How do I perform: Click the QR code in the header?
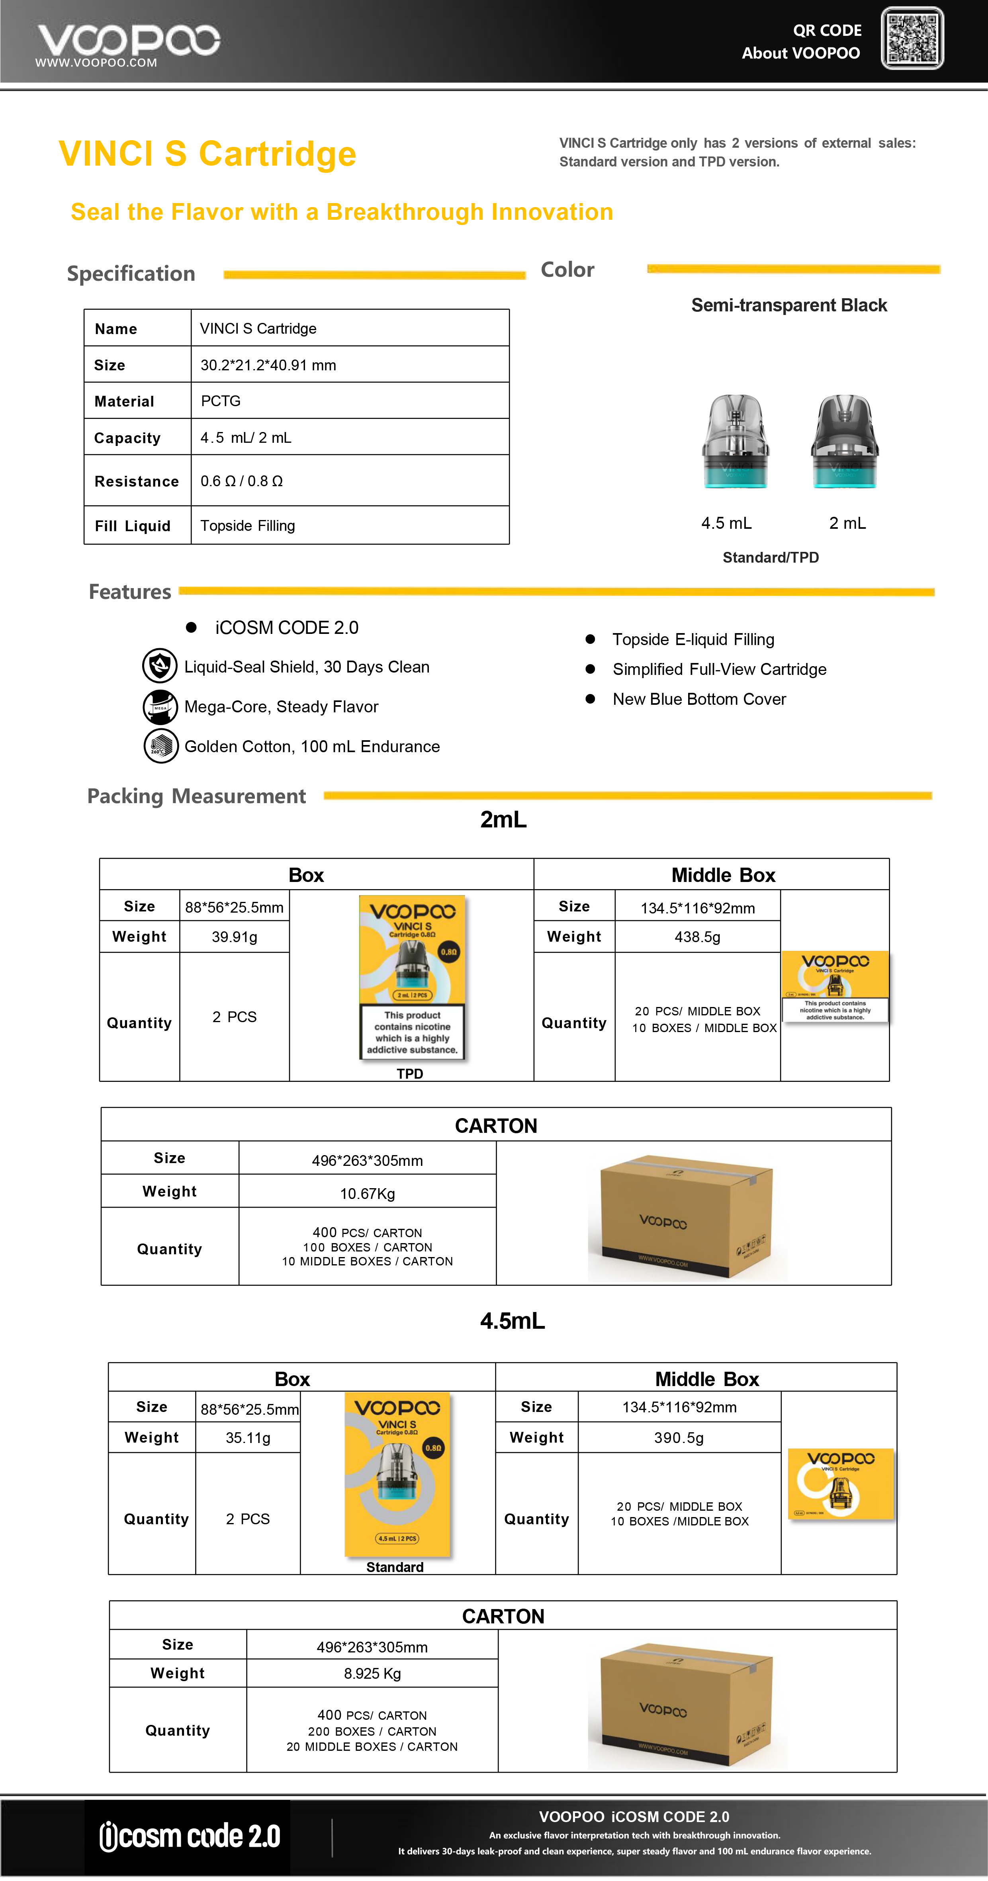click(x=912, y=39)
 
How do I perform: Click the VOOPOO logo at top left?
click(x=128, y=42)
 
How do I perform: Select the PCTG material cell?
click(x=221, y=401)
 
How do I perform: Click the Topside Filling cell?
click(x=248, y=526)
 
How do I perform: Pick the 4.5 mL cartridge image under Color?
click(x=736, y=441)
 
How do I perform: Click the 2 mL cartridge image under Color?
click(x=845, y=441)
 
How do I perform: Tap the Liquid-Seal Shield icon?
click(x=160, y=666)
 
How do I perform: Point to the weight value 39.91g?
click(x=235, y=937)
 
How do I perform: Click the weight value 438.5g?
click(x=697, y=937)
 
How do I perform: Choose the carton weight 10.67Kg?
click(x=367, y=1193)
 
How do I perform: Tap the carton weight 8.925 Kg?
click(x=372, y=1673)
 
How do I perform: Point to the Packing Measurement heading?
click(x=196, y=796)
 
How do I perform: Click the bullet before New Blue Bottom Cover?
click(x=590, y=699)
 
